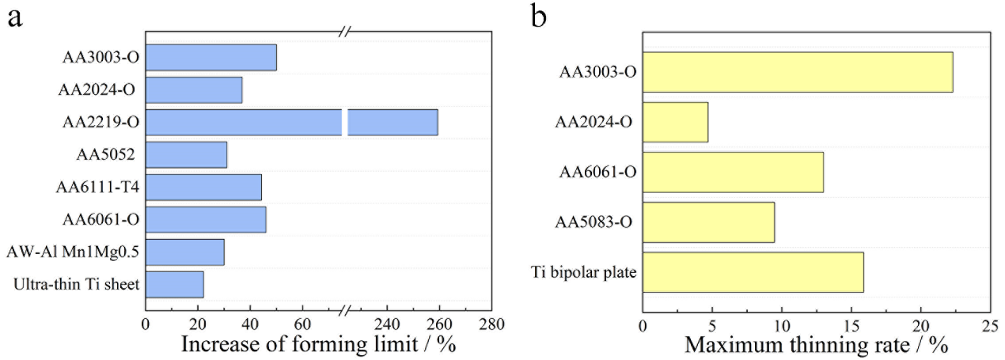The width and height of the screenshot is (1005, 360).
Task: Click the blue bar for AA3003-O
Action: coord(210,57)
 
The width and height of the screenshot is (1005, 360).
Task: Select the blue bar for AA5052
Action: coord(186,154)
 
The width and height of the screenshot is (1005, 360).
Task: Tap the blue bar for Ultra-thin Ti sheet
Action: coord(174,284)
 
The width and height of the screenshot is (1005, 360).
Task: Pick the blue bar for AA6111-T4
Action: coord(203,187)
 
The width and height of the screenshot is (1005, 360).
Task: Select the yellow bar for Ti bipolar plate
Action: coord(753,273)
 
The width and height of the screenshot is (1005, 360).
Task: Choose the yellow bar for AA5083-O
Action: coord(708,222)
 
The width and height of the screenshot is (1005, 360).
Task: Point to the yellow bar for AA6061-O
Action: coord(733,172)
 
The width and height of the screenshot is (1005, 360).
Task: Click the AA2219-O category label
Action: coord(99,123)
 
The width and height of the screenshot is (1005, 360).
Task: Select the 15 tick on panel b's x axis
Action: coord(851,326)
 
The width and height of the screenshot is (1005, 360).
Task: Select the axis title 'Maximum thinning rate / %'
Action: coord(816,346)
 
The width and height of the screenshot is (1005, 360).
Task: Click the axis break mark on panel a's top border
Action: coord(345,32)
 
